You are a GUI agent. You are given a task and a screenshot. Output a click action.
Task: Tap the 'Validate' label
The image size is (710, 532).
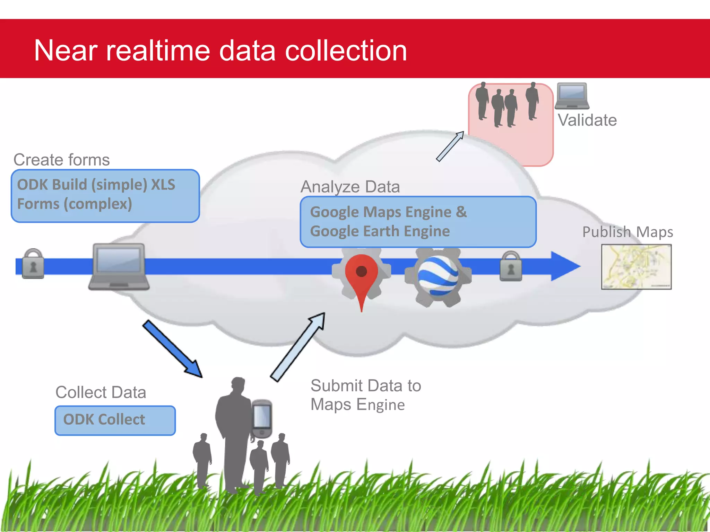587,120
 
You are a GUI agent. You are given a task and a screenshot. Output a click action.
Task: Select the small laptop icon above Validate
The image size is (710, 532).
572,96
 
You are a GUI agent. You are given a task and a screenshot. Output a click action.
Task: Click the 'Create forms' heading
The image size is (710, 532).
61,160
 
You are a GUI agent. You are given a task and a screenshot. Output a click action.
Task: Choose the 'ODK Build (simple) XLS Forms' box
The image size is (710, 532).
105,196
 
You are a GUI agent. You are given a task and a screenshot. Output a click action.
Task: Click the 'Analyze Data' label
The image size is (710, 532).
350,187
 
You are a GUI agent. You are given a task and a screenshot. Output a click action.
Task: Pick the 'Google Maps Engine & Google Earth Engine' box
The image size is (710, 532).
418,222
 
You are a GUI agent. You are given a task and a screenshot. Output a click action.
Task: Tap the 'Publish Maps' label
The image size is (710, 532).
627,232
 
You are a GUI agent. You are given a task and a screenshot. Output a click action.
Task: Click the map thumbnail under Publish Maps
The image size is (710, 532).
636,267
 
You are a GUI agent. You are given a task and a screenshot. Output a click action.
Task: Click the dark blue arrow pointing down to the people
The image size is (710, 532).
172,349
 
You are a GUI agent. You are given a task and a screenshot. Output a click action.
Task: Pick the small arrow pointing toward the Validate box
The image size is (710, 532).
450,146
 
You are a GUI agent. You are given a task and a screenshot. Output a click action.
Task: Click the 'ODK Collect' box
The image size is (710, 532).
115,420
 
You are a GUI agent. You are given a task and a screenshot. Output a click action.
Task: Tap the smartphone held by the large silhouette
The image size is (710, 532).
262,418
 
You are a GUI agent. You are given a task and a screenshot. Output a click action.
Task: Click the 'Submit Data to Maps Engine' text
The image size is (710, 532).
365,395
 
